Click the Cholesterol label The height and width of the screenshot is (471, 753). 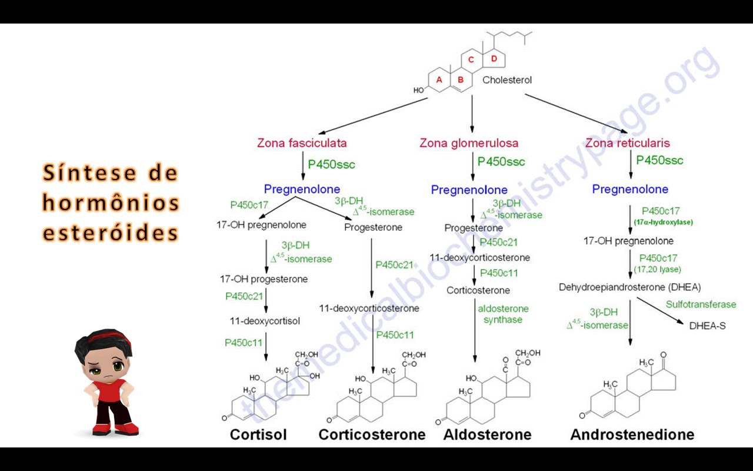click(507, 80)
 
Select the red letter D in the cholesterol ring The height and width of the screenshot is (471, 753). click(494, 58)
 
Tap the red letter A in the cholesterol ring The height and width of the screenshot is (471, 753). click(439, 79)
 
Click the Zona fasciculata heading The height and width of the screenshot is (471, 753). click(302, 143)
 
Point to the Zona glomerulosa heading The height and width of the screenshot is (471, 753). click(469, 143)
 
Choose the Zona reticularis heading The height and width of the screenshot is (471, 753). click(627, 143)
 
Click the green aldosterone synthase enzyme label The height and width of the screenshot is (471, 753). click(503, 314)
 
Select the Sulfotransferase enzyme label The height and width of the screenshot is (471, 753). click(701, 304)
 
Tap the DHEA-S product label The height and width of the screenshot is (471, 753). click(707, 325)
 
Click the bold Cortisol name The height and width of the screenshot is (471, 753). click(258, 434)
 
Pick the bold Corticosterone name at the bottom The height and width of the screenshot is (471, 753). click(372, 434)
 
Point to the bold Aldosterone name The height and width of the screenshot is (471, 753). click(487, 434)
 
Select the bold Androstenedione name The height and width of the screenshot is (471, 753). click(632, 434)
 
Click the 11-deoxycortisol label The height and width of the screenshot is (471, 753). click(265, 321)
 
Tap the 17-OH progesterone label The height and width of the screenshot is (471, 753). click(264, 279)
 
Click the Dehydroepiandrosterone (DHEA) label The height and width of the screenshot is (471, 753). click(629, 287)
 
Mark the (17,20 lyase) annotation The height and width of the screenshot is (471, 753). click(657, 269)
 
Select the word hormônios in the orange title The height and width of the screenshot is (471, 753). click(111, 203)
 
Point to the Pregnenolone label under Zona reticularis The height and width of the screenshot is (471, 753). click(630, 189)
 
